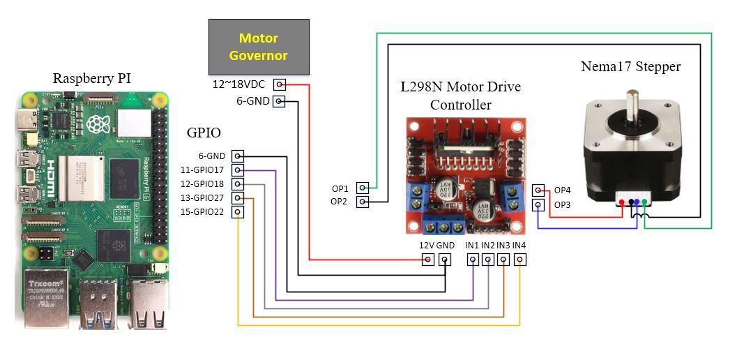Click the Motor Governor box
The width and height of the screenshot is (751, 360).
tap(259, 47)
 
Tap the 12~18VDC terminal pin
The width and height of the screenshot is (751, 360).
tap(280, 84)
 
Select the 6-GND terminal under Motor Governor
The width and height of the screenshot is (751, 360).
tap(280, 102)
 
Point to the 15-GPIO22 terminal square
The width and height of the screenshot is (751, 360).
tap(238, 212)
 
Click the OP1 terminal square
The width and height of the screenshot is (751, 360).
tap(363, 188)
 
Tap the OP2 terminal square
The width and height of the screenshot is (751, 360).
tap(363, 202)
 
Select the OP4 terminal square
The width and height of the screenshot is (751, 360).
tap(538, 190)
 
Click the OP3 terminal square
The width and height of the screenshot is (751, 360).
tap(538, 205)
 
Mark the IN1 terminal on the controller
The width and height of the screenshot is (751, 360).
tap(473, 260)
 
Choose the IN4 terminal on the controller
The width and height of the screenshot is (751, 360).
tap(519, 260)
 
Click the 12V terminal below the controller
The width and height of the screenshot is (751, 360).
tap(427, 260)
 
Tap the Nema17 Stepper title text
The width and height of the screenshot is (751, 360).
tap(630, 67)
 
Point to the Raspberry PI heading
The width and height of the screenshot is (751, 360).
tap(92, 79)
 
